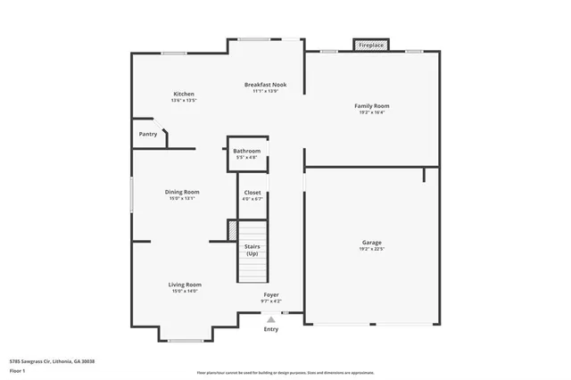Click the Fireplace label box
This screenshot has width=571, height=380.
click(x=371, y=45)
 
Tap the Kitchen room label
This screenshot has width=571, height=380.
click(x=184, y=94)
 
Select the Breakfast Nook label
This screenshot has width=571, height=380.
click(x=266, y=85)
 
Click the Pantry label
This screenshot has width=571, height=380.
click(x=148, y=134)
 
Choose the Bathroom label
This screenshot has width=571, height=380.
click(x=247, y=151)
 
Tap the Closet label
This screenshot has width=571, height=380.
click(x=252, y=192)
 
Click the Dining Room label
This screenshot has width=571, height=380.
click(x=182, y=192)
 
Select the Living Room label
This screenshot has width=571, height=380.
click(x=185, y=285)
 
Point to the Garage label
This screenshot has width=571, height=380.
click(x=371, y=243)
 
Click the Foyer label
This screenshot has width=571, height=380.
click(x=270, y=294)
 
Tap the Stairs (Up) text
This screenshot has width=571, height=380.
click(x=252, y=251)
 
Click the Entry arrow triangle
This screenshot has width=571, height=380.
click(x=270, y=318)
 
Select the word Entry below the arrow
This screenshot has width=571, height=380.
click(x=270, y=329)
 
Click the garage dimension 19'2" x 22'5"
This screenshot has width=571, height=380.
click(x=371, y=250)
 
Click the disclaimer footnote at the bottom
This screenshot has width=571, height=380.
click(x=285, y=372)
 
